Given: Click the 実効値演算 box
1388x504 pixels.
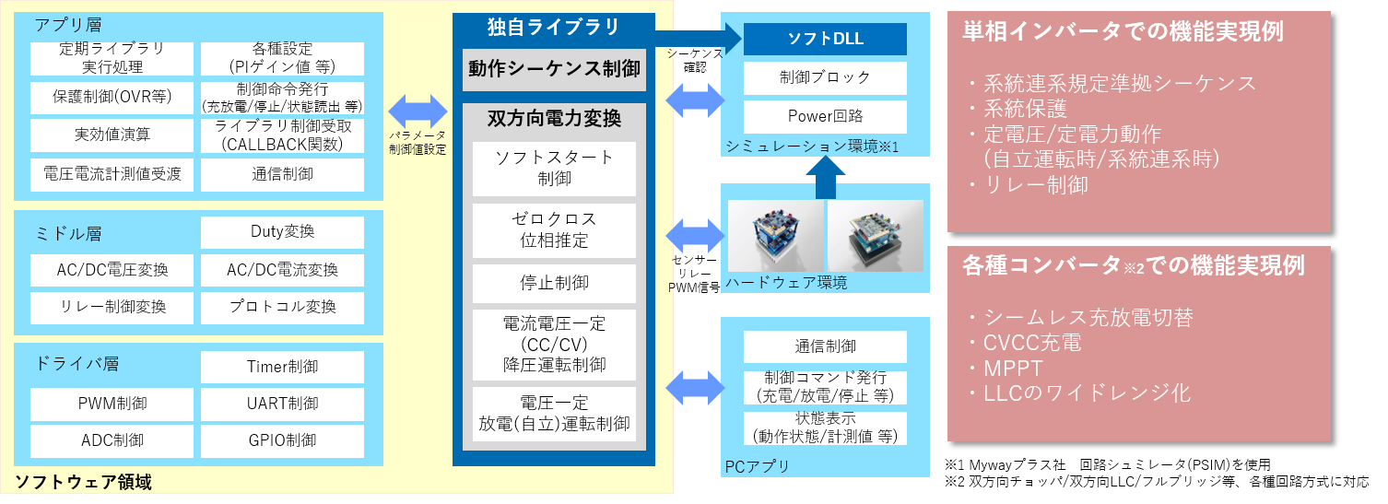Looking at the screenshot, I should tap(112, 135).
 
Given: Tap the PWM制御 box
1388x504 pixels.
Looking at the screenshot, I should tap(112, 404).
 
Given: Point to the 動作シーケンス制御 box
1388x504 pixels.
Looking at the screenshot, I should tap(554, 69).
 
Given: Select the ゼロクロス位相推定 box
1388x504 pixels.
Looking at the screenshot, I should tap(554, 229).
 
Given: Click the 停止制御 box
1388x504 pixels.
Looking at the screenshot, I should tap(554, 283).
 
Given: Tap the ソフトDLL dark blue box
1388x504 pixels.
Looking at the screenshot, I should tap(825, 39).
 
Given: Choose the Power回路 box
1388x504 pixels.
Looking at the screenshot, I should tap(825, 117).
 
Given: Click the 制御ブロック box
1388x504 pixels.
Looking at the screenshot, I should tap(825, 77).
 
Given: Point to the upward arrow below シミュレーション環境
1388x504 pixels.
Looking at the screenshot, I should tap(825, 176).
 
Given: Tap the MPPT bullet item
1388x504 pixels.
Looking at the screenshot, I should tap(1010, 369).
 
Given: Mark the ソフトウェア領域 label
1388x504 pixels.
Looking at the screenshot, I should tap(83, 482).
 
